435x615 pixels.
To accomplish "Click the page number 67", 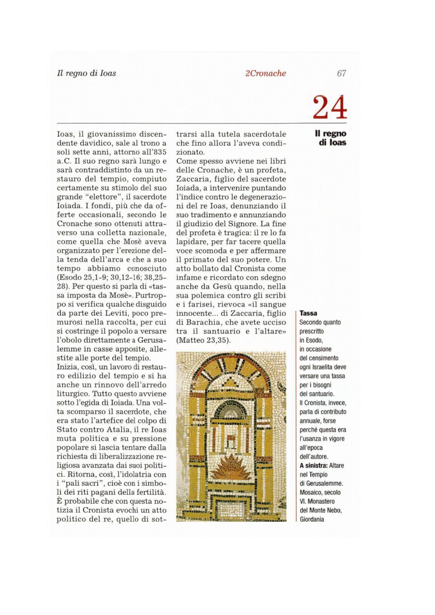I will (x=341, y=73).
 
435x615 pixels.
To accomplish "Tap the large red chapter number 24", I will (x=329, y=107).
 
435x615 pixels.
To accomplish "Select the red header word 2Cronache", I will (x=266, y=73).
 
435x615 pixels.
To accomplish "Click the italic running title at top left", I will (x=86, y=73).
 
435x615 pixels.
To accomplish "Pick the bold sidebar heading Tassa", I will (x=308, y=313).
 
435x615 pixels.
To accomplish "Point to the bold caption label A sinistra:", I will (x=313, y=465).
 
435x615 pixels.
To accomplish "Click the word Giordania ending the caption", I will (x=312, y=519).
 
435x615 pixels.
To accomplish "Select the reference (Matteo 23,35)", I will (x=203, y=340).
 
